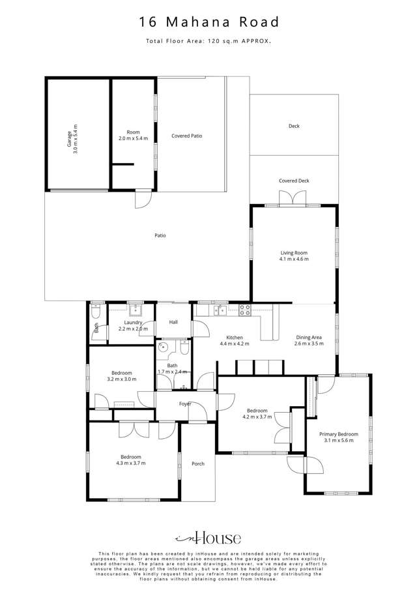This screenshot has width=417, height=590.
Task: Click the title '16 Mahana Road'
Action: pyautogui.click(x=208, y=23)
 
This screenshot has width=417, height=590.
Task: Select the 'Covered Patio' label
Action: pyautogui.click(x=186, y=136)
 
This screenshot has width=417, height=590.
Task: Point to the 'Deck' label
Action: pyautogui.click(x=294, y=126)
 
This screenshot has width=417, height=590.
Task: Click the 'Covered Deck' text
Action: pyautogui.click(x=294, y=181)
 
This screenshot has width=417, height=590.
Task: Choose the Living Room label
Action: pyautogui.click(x=293, y=256)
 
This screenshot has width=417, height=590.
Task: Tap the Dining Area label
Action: pyautogui.click(x=309, y=340)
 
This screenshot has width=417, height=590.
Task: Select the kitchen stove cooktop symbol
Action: pyautogui.click(x=246, y=310)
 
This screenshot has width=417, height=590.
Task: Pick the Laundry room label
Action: pyautogui.click(x=133, y=325)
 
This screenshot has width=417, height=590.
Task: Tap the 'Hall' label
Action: pyautogui.click(x=173, y=322)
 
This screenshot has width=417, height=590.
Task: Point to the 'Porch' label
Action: pyautogui.click(x=198, y=464)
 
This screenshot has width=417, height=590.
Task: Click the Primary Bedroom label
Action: pyautogui.click(x=339, y=437)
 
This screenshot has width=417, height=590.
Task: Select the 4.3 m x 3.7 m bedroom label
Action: pyautogui.click(x=131, y=460)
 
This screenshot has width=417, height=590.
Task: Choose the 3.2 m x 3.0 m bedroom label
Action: pyautogui.click(x=121, y=376)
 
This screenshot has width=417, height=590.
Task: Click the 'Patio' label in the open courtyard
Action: pyautogui.click(x=160, y=235)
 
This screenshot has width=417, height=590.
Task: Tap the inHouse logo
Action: pyautogui.click(x=208, y=538)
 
